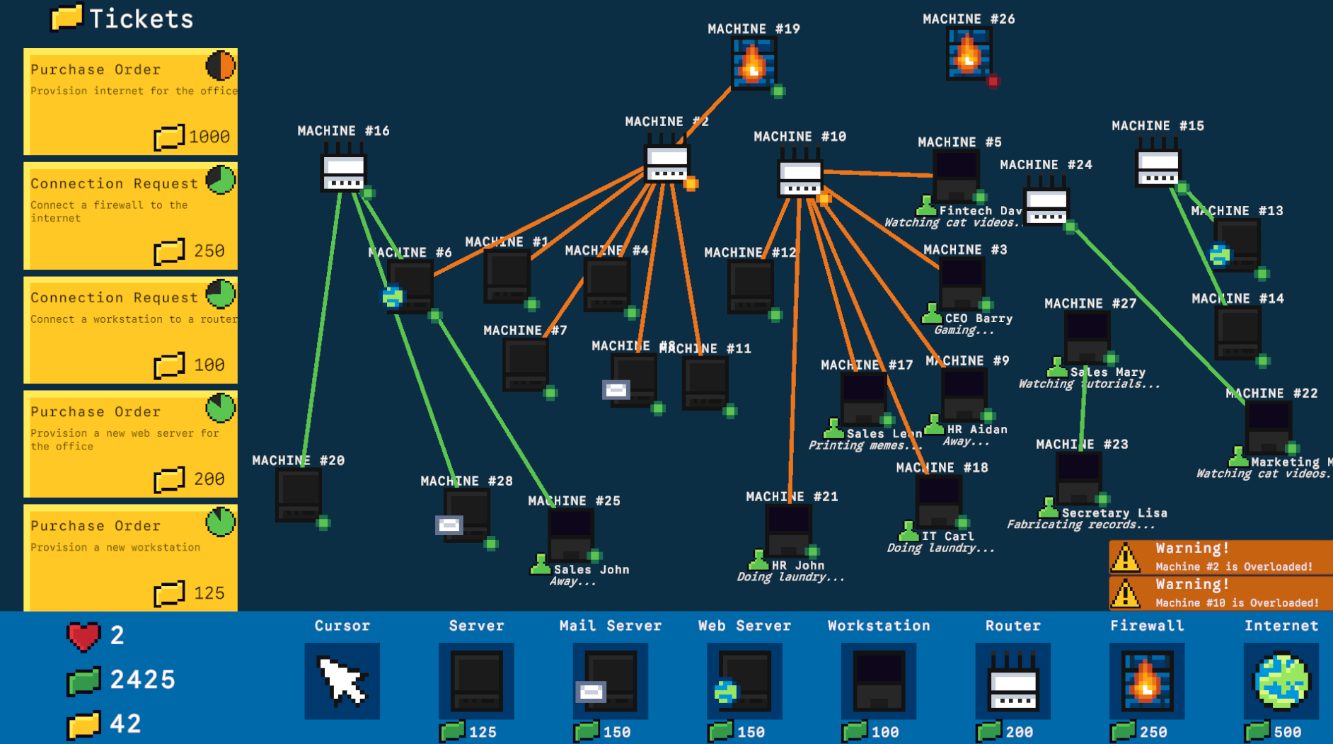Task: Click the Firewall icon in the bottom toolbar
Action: tap(1146, 681)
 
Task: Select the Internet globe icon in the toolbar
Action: tap(1281, 681)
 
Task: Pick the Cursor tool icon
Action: tap(342, 681)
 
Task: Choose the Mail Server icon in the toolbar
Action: tap(610, 681)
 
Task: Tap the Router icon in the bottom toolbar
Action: tap(1012, 681)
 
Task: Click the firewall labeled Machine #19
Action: tap(754, 64)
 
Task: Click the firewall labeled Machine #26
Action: tap(968, 54)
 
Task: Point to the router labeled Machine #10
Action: tap(800, 176)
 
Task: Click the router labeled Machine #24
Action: tap(1046, 206)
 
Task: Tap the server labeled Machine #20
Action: tap(299, 494)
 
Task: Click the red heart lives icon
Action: tap(84, 636)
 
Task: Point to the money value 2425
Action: tap(143, 680)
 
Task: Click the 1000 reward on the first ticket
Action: tap(209, 137)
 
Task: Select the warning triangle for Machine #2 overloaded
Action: tap(1126, 559)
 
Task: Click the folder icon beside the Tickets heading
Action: tap(67, 18)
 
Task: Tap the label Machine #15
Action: tap(1158, 126)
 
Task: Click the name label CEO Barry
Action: tap(979, 319)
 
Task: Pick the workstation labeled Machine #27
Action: tap(1087, 336)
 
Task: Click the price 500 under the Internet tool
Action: tap(1287, 732)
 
